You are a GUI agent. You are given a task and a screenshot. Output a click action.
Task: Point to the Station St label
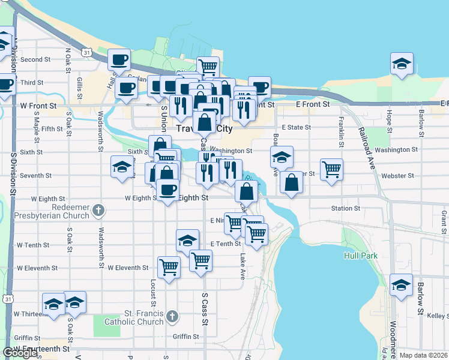coord(345,209)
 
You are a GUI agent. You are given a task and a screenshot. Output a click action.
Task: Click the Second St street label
coord(35,59)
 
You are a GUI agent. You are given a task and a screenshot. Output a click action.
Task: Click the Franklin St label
coord(341,132)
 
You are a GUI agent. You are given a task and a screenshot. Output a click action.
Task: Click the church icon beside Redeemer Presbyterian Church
coord(100,210)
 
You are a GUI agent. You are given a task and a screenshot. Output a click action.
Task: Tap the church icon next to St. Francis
coord(172,316)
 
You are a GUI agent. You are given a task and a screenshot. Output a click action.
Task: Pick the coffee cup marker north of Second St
coord(119,59)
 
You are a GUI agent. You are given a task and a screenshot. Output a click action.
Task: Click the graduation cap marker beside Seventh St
coord(122,167)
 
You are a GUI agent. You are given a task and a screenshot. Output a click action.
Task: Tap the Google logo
coord(20,353)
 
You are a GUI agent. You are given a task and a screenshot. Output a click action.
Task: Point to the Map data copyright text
coord(423,355)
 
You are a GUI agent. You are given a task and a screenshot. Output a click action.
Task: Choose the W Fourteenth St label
coord(42,349)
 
